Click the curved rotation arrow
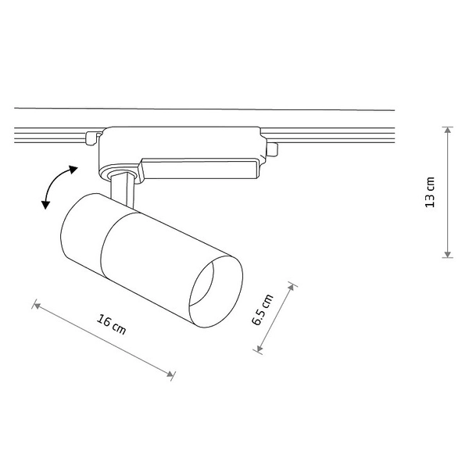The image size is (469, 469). (x=55, y=186)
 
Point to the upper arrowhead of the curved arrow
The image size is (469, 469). (x=73, y=168)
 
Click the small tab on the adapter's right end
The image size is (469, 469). (x=272, y=149)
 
